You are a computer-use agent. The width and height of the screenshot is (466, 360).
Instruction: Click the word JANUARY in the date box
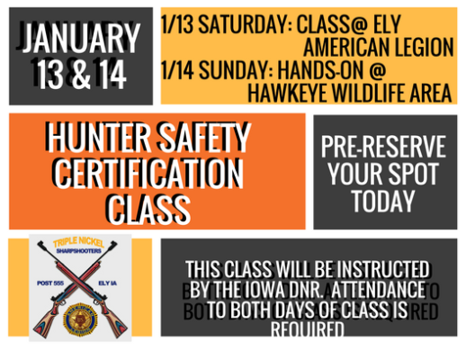tap(82, 39)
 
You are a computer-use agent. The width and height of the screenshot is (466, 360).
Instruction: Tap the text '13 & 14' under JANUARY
tap(82, 72)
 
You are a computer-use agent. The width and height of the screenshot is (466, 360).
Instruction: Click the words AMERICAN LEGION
tap(378, 47)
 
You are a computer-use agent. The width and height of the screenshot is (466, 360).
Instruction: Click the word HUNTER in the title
tap(99, 138)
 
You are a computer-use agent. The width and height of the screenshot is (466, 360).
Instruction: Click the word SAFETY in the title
tap(203, 138)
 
